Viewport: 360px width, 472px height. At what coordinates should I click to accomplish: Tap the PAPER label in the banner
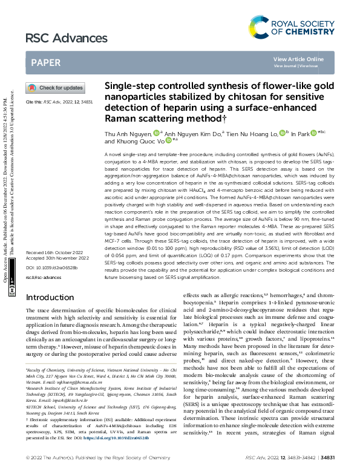[x=45, y=62]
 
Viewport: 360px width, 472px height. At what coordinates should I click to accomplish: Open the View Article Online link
[x=298, y=59]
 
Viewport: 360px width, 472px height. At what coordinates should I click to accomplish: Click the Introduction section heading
[x=50, y=297]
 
